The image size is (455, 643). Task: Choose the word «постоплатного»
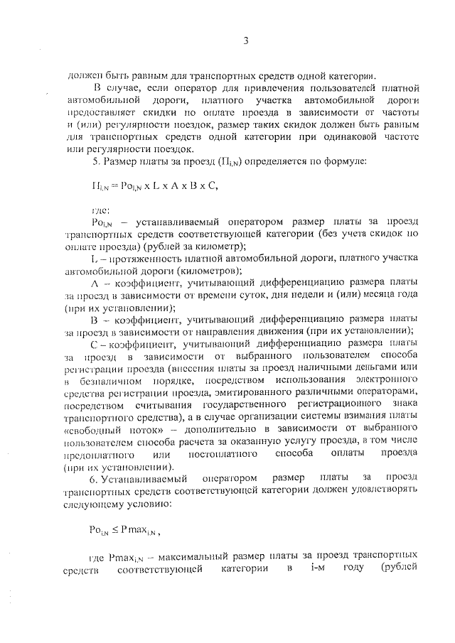pos(228,454)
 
